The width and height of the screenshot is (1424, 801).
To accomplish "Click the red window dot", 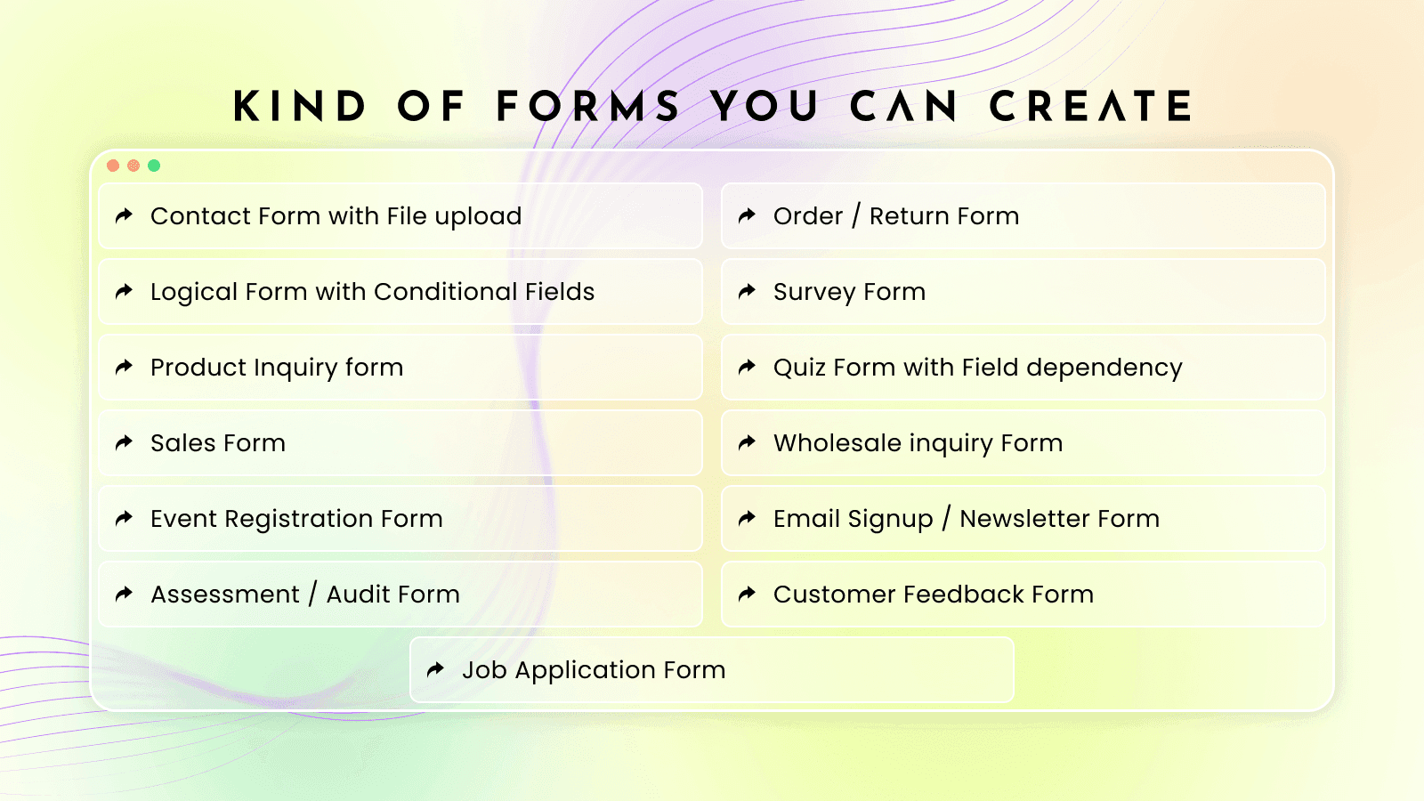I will pos(113,166).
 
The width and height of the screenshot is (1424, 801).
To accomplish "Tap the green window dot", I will pos(154,166).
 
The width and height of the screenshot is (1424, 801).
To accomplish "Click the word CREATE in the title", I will pos(1091,107).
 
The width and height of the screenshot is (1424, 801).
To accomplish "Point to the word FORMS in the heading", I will pos(588,107).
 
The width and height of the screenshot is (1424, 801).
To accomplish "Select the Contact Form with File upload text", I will pos(336,216).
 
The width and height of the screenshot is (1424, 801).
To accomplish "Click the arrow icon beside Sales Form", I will pos(125,442).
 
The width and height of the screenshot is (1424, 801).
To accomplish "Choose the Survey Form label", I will pos(849,292).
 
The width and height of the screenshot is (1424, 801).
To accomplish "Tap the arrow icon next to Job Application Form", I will pos(436,669).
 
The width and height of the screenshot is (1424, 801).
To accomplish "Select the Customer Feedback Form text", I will pos(933,595).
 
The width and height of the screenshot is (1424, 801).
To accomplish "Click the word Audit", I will pos(358,595).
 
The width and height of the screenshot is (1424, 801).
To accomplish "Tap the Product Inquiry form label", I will pos(277,368).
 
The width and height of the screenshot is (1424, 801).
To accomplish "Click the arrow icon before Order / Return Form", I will pos(748,215).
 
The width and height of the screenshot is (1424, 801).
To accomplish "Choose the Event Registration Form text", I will pos(296,519).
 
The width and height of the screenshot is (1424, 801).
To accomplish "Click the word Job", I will pos(484,670).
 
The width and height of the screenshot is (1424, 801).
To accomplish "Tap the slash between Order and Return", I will pos(856,216).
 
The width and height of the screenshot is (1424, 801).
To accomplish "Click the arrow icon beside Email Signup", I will pos(748,518).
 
